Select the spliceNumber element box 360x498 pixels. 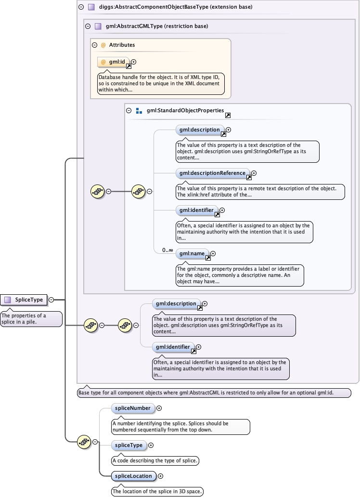pos(133,408)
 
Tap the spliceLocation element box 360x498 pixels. pos(133,476)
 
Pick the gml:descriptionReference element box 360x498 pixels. pos(213,173)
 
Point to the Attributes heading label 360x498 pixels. pos(122,45)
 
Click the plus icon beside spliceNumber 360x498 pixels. pos(159,408)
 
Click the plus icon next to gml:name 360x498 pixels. pos(213,253)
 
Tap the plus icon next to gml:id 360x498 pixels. pos(134,62)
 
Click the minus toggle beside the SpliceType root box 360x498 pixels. pos(51,300)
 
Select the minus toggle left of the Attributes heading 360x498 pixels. pos(94,45)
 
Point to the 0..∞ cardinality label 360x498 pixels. pos(167,250)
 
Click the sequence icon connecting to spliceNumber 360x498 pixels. pos(84,441)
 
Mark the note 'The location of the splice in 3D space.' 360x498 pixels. pos(157,492)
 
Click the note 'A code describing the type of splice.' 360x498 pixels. pos(155,460)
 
